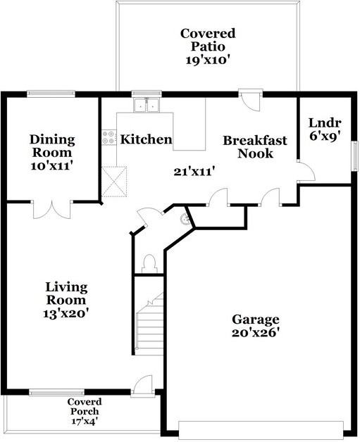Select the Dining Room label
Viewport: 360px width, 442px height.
[x=52, y=146]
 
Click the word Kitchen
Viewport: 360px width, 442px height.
[x=146, y=139]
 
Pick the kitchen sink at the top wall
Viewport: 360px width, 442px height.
[x=147, y=105]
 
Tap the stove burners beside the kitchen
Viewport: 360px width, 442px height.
[x=108, y=137]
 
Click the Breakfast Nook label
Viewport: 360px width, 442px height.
[x=255, y=146]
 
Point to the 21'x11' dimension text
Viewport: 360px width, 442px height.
[x=194, y=170]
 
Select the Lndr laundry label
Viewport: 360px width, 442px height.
[x=325, y=122]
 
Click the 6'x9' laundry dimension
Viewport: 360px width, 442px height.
[x=325, y=137]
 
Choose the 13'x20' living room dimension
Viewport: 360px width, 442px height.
[x=66, y=312]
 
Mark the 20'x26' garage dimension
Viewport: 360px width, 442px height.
[x=256, y=334]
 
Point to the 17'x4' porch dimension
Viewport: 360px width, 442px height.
[x=85, y=422]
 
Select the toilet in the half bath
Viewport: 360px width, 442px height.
[x=148, y=263]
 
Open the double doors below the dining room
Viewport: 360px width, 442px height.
[x=53, y=208]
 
